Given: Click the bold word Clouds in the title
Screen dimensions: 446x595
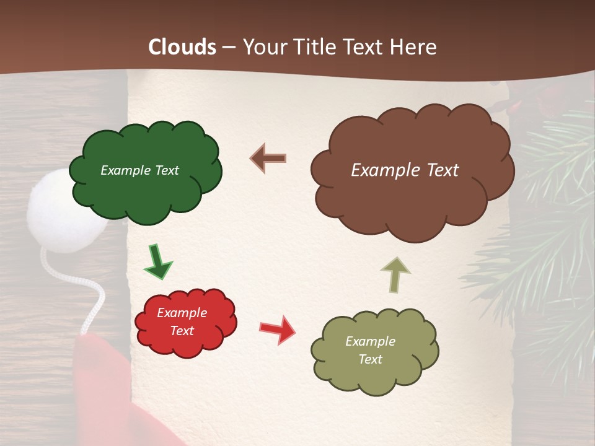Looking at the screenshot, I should coord(182,47).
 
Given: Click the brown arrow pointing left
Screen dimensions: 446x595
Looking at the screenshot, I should coord(268,159).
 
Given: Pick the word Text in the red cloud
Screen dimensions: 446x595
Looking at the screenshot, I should coord(182,331).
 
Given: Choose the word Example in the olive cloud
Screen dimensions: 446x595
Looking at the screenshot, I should coord(370,341).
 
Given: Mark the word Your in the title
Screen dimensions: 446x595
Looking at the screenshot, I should coord(265,47).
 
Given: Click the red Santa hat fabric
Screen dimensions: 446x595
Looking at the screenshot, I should coord(102,384).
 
